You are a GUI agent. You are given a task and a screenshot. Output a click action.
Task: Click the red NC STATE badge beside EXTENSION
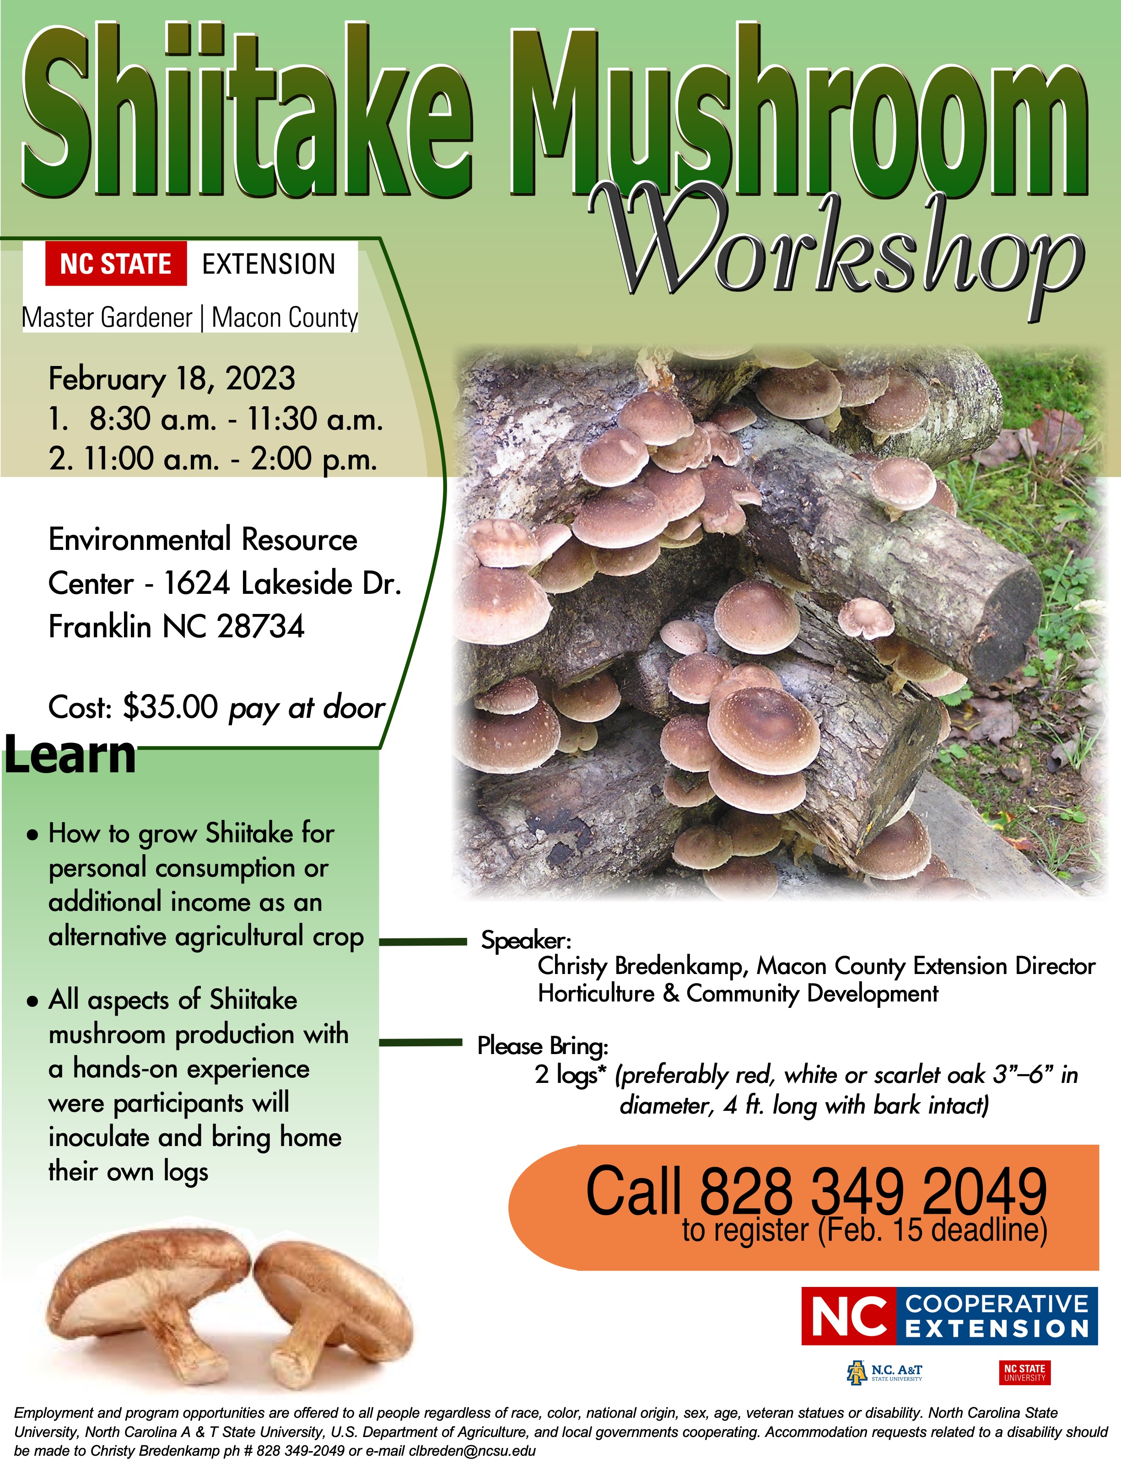(x=115, y=264)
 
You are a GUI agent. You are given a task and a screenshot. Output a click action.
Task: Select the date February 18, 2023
(x=172, y=379)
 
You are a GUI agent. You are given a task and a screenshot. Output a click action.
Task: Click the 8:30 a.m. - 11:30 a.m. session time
(x=236, y=419)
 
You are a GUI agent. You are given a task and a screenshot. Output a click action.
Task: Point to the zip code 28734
(x=261, y=627)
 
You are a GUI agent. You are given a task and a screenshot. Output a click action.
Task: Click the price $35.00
(x=170, y=707)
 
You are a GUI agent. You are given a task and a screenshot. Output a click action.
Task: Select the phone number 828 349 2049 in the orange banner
(x=873, y=1192)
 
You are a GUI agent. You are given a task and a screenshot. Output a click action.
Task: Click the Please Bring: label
(x=543, y=1046)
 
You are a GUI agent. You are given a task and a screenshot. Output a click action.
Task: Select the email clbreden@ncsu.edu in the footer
(x=472, y=1451)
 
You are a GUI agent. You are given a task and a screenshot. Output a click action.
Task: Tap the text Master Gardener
(x=107, y=318)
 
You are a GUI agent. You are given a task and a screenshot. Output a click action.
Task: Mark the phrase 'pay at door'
(x=307, y=708)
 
